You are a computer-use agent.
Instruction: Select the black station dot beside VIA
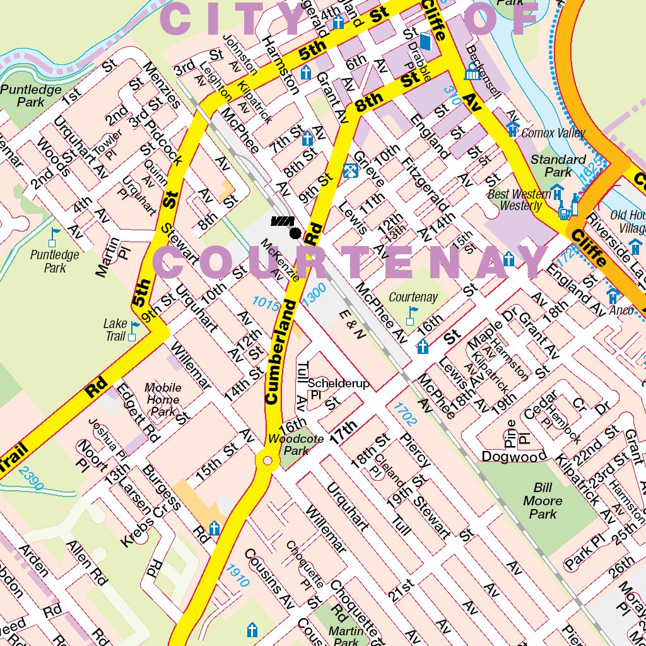[x=295, y=233]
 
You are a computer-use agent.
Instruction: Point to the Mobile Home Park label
[x=163, y=399]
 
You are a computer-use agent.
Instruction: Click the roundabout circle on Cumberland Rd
[x=267, y=462]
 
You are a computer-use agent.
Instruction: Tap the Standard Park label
[x=558, y=165]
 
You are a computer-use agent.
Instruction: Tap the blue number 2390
[x=30, y=478]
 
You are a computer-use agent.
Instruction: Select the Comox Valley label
[x=553, y=133]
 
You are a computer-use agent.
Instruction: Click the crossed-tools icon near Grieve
[x=350, y=170]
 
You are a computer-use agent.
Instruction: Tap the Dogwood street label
[x=514, y=455]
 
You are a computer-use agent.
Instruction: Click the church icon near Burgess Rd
[x=214, y=528]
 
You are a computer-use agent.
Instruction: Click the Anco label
[x=621, y=310]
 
